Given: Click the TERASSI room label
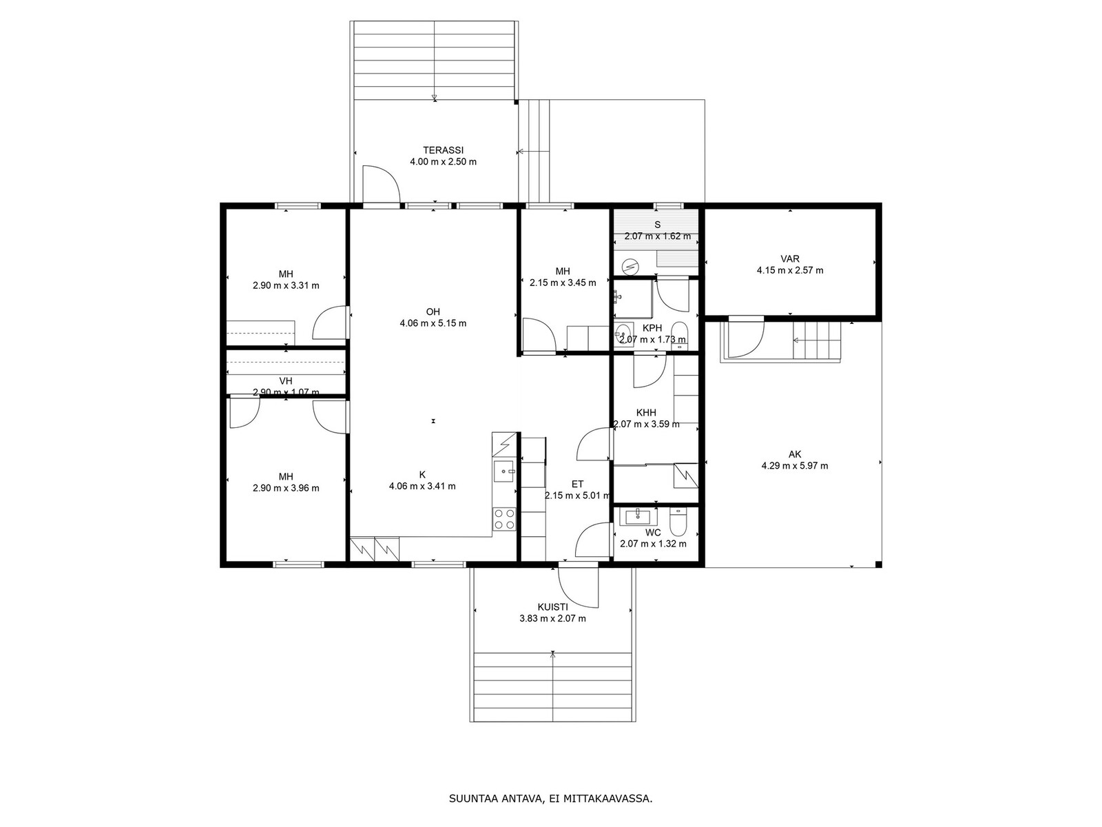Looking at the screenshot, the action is pos(443,150).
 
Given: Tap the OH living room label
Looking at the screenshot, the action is pos(433,312).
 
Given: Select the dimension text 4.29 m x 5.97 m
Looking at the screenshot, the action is pos(795,465).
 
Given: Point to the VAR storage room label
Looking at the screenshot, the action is pos(790,258).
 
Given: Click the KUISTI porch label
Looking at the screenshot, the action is pos(552,607).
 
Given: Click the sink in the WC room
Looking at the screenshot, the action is pos(638,517).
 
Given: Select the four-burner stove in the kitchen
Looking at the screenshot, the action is pos(504,519).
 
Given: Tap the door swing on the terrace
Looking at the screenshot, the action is pos(381,184).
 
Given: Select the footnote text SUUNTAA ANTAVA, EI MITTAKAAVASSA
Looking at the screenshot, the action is pos(551,798).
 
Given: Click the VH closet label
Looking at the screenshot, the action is pos(286,381).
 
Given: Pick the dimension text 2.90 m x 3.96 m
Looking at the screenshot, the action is pos(286,487).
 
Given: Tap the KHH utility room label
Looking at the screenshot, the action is pos(646,413).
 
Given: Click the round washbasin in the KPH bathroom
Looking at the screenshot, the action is pos(623,332).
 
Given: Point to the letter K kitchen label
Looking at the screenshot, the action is pos(422,475).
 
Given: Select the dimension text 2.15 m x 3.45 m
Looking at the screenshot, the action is pos(563,283).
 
